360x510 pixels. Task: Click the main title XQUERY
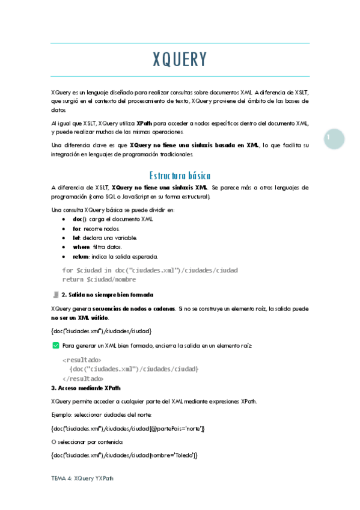[x=180, y=60]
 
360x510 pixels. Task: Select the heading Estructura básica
[x=180, y=176]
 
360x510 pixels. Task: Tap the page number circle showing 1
[x=330, y=138]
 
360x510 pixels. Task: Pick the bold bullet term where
[x=75, y=247]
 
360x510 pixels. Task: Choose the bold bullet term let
[x=69, y=238]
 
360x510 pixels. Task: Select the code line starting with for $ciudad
[x=150, y=270]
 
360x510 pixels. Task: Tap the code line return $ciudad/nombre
[x=99, y=279]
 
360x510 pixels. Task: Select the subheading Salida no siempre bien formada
[x=111, y=295]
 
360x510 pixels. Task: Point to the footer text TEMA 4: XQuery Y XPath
[x=82, y=478]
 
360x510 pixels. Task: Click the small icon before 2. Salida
[x=55, y=295]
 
